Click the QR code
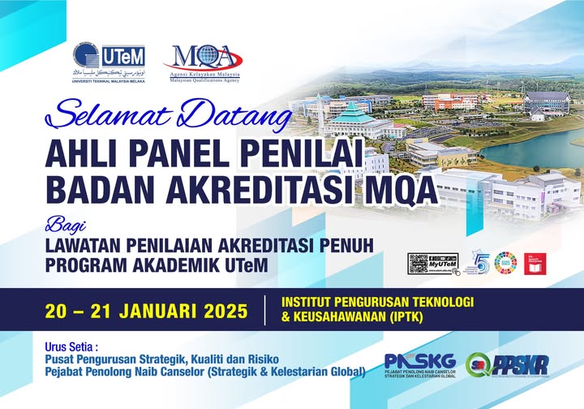(419, 264)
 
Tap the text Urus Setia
(74, 347)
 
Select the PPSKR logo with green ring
(507, 364)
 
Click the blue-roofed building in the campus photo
(357, 118)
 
